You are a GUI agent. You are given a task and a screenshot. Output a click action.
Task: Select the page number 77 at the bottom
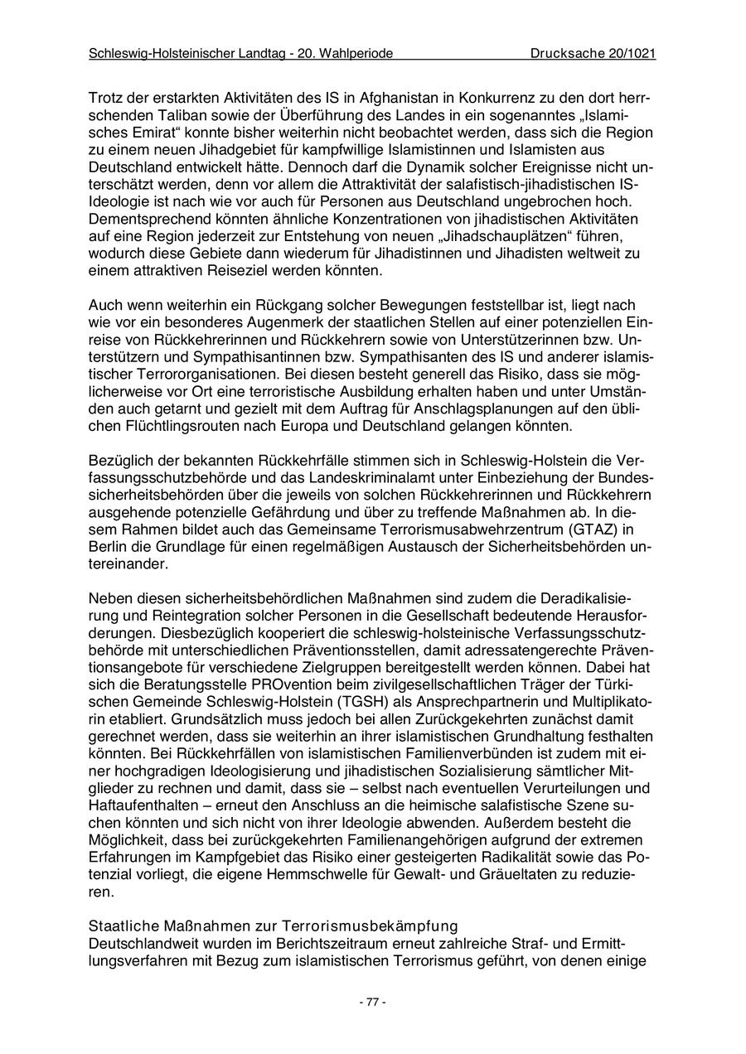[372, 1002]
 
